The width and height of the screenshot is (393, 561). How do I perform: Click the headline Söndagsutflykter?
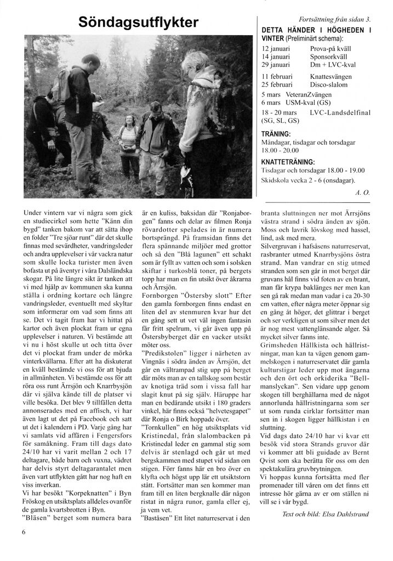(138, 22)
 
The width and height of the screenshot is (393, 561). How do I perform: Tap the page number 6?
(25, 531)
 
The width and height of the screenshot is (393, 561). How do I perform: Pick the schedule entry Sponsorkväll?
(330, 56)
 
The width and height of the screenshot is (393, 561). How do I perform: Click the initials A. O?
(362, 192)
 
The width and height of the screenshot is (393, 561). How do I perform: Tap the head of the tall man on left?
(90, 61)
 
